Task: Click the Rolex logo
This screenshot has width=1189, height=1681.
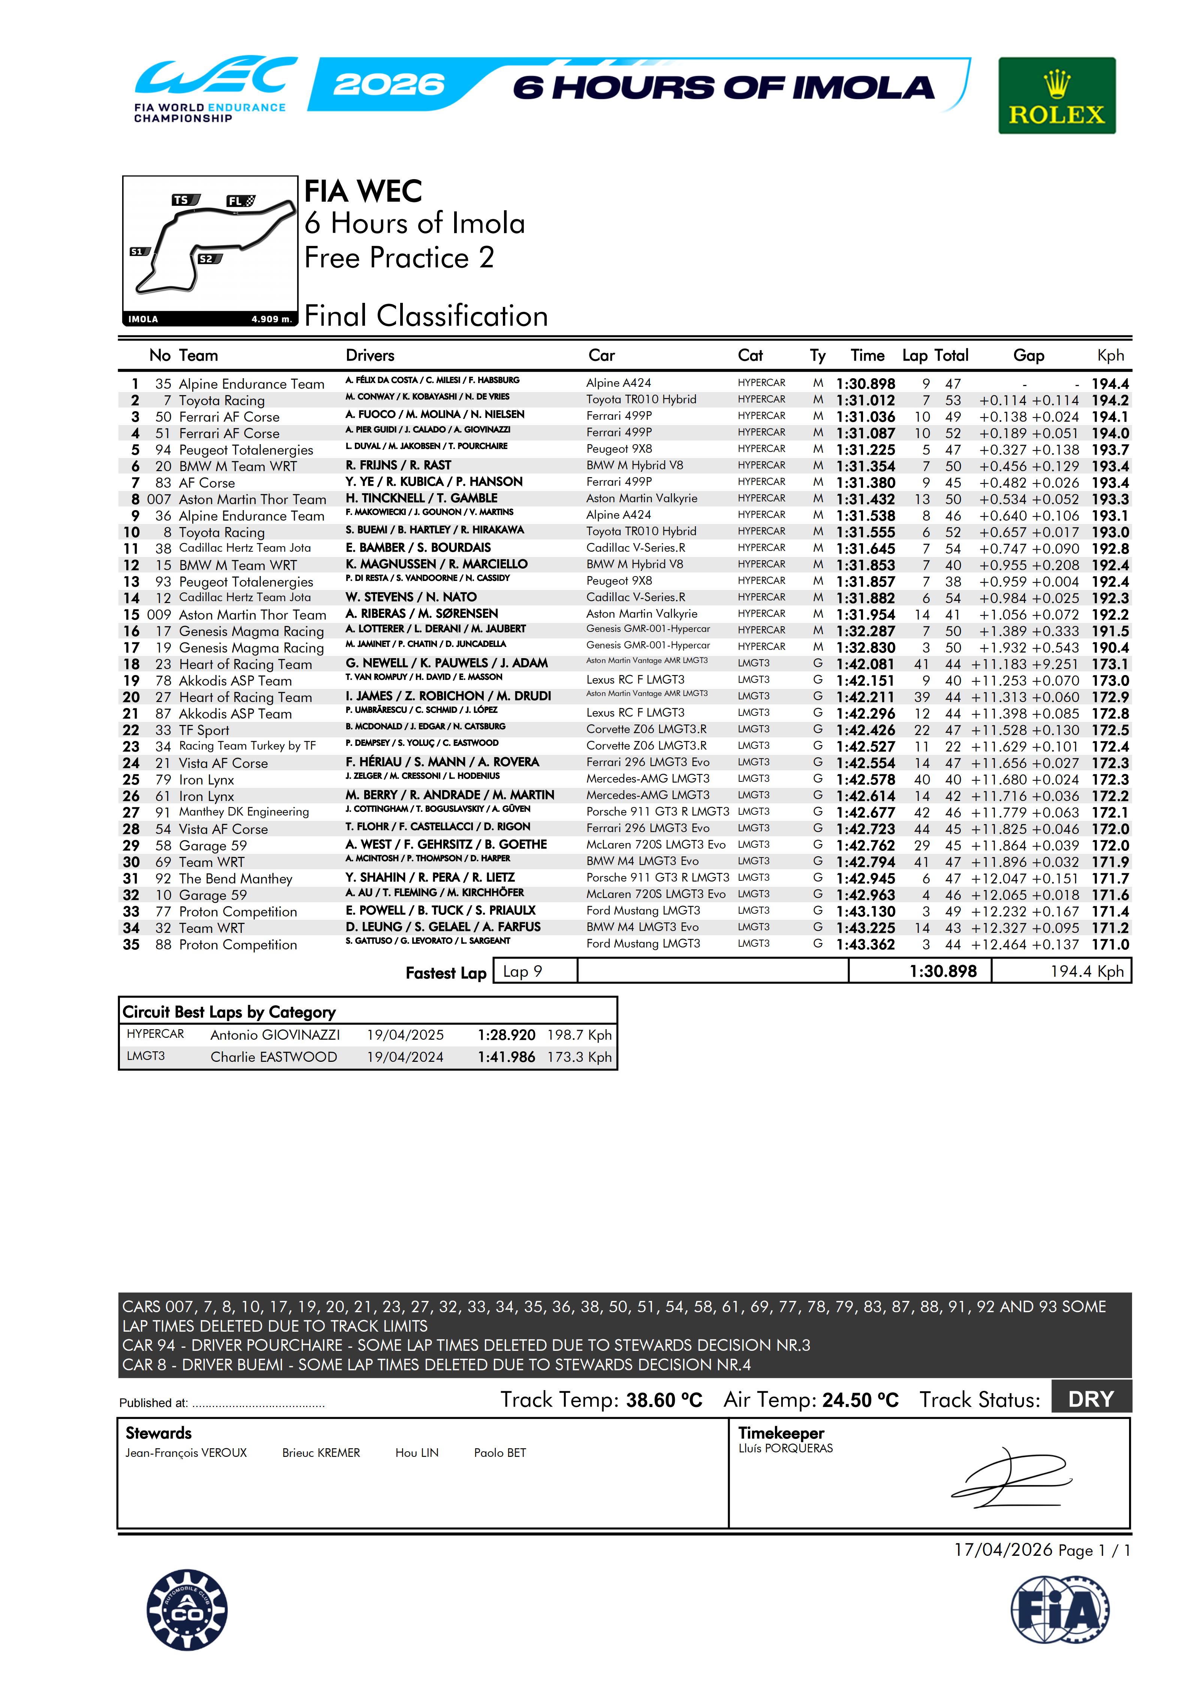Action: click(x=1056, y=96)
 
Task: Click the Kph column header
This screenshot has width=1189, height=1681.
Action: click(x=1110, y=356)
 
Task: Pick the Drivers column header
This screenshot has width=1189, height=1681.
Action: click(x=370, y=356)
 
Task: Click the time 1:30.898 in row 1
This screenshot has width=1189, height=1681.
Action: click(x=865, y=384)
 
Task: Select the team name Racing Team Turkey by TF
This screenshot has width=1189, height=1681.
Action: click(x=247, y=746)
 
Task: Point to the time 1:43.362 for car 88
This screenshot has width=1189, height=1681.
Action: click(x=865, y=945)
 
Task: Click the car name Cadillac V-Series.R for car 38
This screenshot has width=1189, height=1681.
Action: click(x=636, y=548)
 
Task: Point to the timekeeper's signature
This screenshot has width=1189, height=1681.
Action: click(x=1010, y=1477)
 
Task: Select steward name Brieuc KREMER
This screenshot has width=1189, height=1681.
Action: click(x=321, y=1453)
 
